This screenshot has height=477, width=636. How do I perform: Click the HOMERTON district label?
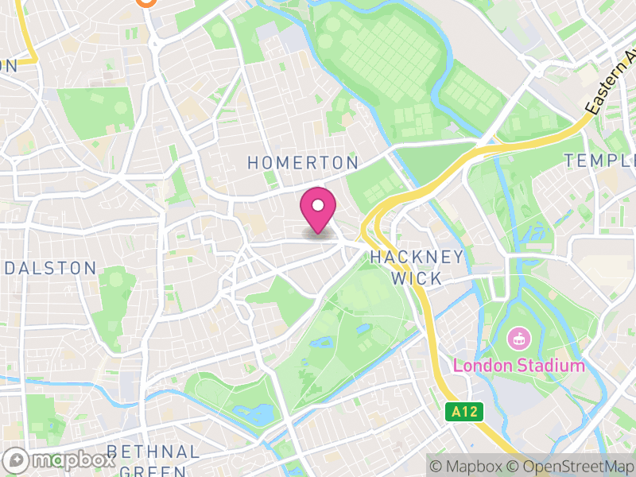[x=303, y=163]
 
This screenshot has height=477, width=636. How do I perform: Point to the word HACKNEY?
[x=417, y=257]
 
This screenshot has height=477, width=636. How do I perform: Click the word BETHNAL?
[x=152, y=452]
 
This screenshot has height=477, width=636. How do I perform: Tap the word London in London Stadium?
[x=479, y=366]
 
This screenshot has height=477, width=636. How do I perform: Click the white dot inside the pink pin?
[x=318, y=206]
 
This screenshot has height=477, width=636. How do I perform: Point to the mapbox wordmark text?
[x=72, y=460]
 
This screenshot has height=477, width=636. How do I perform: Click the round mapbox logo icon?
[x=17, y=460]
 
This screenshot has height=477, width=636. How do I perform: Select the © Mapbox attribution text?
[x=468, y=466]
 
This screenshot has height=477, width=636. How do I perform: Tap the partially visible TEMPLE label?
[x=600, y=161]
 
